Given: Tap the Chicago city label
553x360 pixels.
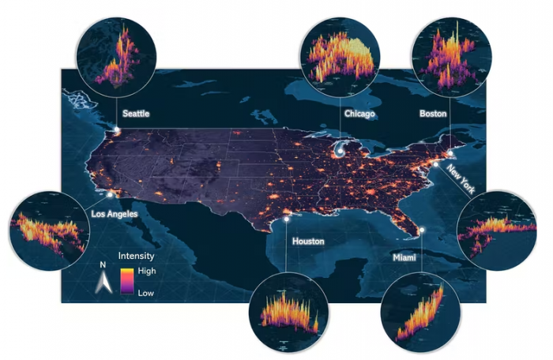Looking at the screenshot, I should click(359, 114).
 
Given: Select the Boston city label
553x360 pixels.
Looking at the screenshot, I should click(433, 114).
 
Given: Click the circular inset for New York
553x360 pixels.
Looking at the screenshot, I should click(497, 230).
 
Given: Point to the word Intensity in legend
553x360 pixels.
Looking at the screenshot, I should click(136, 257).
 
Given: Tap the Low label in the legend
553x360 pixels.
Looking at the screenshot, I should click(147, 292).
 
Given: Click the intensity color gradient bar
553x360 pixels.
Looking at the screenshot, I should click(126, 282).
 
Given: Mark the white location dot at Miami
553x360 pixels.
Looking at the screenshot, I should click(423, 230).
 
